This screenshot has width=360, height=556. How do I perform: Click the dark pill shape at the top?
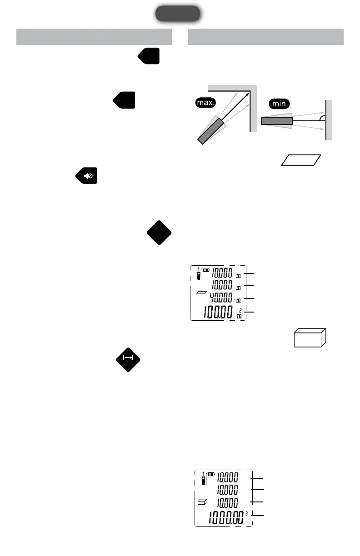[x=178, y=14]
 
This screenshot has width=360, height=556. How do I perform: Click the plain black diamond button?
[x=159, y=232]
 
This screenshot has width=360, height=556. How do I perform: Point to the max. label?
[x=206, y=103]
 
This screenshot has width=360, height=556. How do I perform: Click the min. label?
[x=278, y=104]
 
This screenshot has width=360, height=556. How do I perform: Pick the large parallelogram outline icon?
[x=301, y=160]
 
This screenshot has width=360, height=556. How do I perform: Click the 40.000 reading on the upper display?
[x=223, y=298]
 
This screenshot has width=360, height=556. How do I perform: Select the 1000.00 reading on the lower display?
[x=225, y=517]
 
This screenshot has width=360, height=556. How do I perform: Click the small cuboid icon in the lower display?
[x=202, y=503]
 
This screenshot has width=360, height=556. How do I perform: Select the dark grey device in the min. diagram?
[x=277, y=121]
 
